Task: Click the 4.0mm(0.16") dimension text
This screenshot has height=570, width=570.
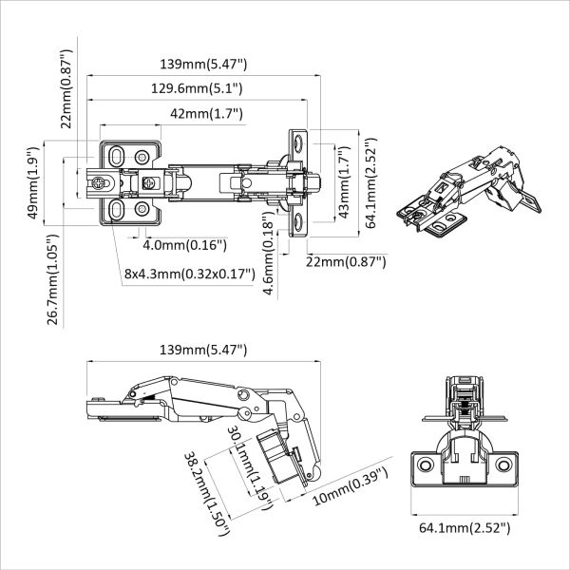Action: (184, 245)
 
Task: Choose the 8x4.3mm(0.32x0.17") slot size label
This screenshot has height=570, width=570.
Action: (190, 274)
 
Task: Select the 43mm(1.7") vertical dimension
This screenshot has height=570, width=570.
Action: (344, 183)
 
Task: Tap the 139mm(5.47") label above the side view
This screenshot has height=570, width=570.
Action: (204, 350)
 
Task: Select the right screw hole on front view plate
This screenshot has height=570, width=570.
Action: (503, 465)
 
